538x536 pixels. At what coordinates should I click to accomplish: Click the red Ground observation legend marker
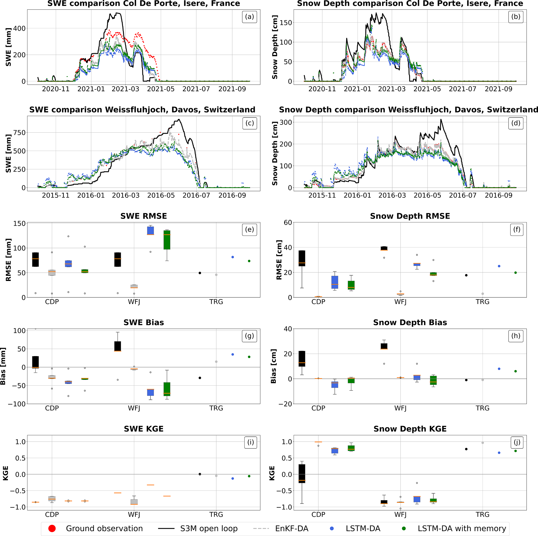(52, 528)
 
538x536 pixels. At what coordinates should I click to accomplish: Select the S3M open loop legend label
(209, 528)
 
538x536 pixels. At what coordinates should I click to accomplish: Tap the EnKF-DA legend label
(292, 528)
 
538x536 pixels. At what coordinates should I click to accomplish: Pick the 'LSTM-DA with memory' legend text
(462, 528)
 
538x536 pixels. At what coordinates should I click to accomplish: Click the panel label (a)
(249, 17)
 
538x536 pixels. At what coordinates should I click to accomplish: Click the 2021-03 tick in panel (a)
(126, 89)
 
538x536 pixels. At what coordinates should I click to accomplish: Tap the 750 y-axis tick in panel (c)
(20, 133)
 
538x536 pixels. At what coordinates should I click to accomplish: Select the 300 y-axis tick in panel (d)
(286, 122)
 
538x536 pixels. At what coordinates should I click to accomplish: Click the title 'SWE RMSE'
(143, 216)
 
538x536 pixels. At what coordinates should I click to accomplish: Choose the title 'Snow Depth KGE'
(410, 429)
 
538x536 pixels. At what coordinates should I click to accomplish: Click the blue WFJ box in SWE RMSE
(150, 231)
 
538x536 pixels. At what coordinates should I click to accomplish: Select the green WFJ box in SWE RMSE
(167, 240)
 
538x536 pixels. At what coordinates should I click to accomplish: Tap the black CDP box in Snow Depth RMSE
(302, 258)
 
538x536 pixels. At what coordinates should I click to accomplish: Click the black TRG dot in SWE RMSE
(200, 273)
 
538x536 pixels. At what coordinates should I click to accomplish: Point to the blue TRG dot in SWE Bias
(232, 354)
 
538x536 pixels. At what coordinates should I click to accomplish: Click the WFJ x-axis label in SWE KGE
(134, 515)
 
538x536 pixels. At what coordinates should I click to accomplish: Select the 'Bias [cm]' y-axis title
(274, 366)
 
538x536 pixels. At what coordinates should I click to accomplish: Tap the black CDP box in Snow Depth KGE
(302, 473)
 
